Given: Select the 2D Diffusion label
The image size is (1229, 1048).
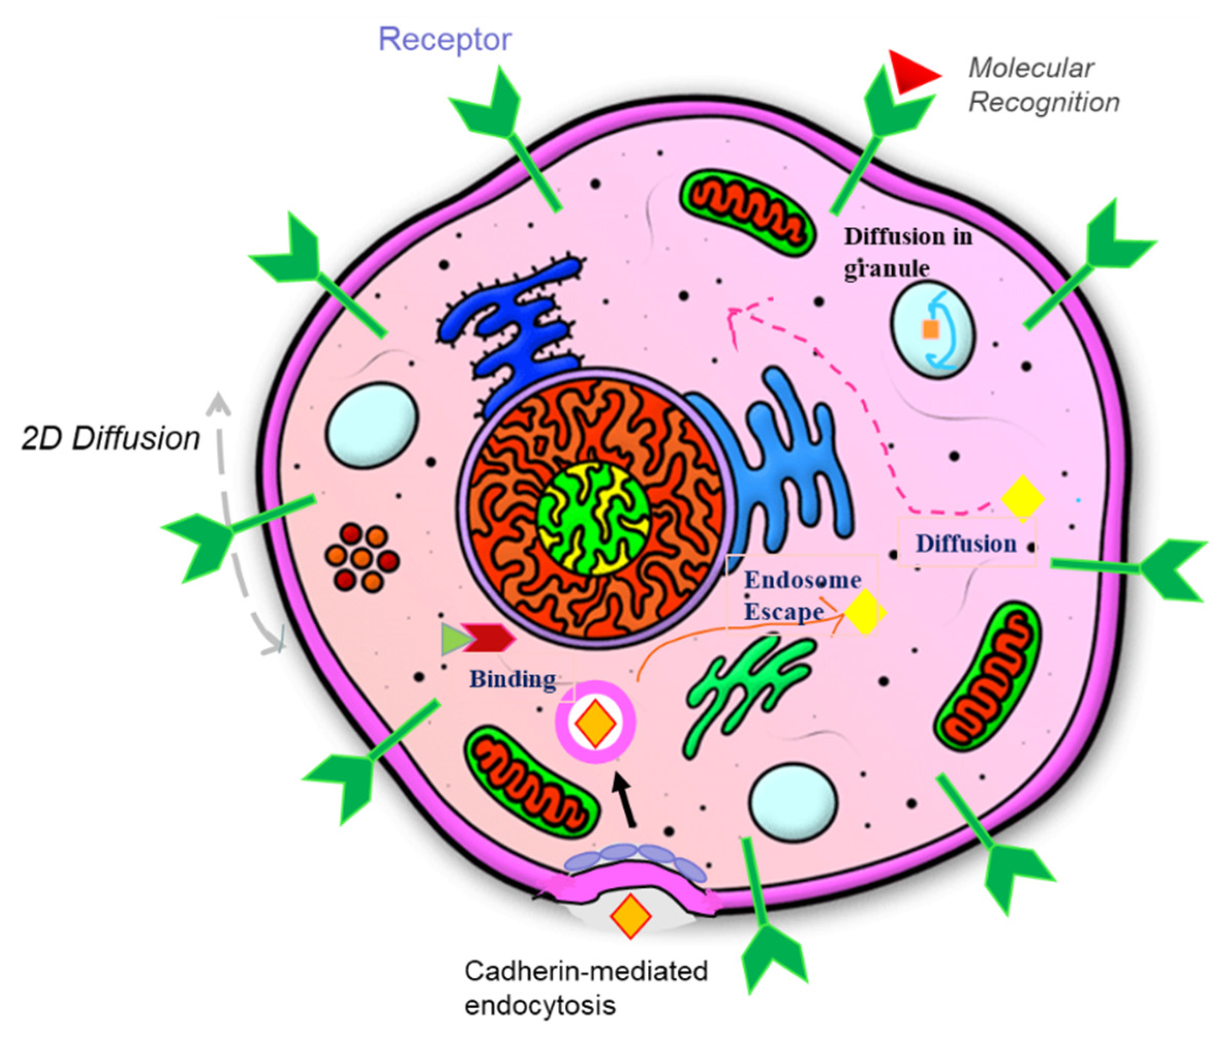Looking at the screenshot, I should (x=111, y=439).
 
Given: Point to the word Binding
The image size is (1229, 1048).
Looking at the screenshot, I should (x=512, y=679).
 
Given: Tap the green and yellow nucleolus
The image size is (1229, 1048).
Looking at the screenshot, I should (x=593, y=518).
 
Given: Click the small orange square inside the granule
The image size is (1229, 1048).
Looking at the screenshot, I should (x=930, y=329).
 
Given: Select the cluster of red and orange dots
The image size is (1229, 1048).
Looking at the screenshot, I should (x=361, y=558).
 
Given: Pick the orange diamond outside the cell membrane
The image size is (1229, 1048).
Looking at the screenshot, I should (x=631, y=916).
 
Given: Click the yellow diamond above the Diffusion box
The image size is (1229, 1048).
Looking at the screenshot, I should (x=1022, y=499).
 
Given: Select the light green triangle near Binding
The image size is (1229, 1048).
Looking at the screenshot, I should (x=454, y=639).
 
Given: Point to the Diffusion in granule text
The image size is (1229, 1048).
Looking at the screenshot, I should (x=908, y=252).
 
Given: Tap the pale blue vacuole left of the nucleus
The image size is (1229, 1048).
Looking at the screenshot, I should (x=372, y=424).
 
